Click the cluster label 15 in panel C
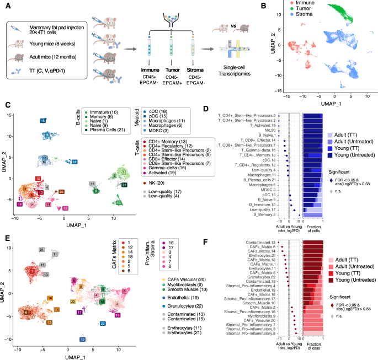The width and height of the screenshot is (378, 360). pyautogui.click(x=43, y=120)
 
